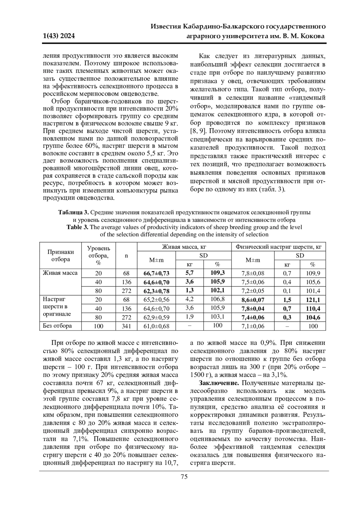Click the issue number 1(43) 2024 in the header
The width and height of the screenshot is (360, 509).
click(59, 37)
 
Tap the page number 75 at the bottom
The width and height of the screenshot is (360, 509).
click(184, 477)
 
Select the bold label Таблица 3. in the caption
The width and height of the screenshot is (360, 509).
click(73, 213)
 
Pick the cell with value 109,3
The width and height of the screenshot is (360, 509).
click(217, 273)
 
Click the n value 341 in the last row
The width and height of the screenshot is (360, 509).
click(126, 326)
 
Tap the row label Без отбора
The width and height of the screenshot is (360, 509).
click(57, 326)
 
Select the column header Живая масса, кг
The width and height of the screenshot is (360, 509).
click(184, 247)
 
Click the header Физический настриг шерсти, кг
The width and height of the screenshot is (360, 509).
click(279, 247)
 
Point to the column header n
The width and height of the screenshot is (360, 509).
click(126, 256)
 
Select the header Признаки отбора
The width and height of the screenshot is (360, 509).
click(61, 256)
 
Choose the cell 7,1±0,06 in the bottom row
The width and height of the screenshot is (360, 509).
click(253, 326)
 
